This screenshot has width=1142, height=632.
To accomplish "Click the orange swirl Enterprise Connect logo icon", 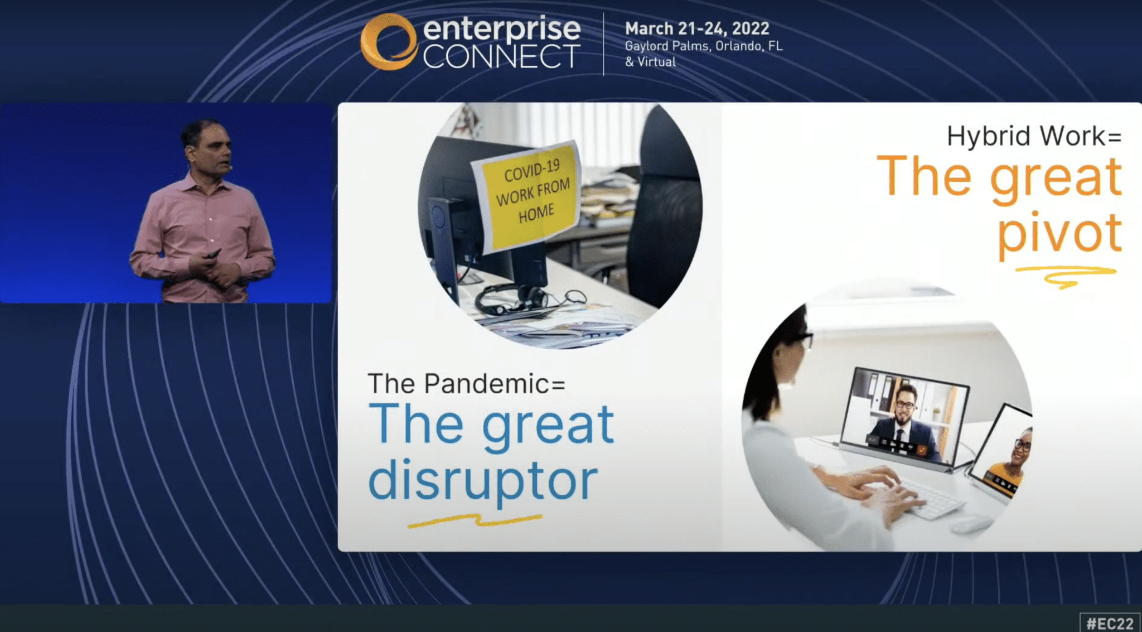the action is [x=389, y=42].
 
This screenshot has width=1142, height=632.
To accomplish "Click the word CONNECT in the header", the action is [x=501, y=56].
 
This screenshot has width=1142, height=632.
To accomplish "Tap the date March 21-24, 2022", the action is [x=697, y=28].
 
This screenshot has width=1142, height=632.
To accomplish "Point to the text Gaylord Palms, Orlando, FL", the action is [x=704, y=46].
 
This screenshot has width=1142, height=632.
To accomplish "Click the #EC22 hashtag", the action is [x=1110, y=623].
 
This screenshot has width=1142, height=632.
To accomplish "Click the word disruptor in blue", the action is [x=483, y=480].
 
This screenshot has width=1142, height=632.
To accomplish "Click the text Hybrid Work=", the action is [x=1034, y=136].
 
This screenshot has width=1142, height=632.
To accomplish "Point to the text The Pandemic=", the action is [x=467, y=384].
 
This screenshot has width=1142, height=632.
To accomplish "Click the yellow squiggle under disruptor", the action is [x=475, y=520].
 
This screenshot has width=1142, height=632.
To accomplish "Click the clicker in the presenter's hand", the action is [x=213, y=254].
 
